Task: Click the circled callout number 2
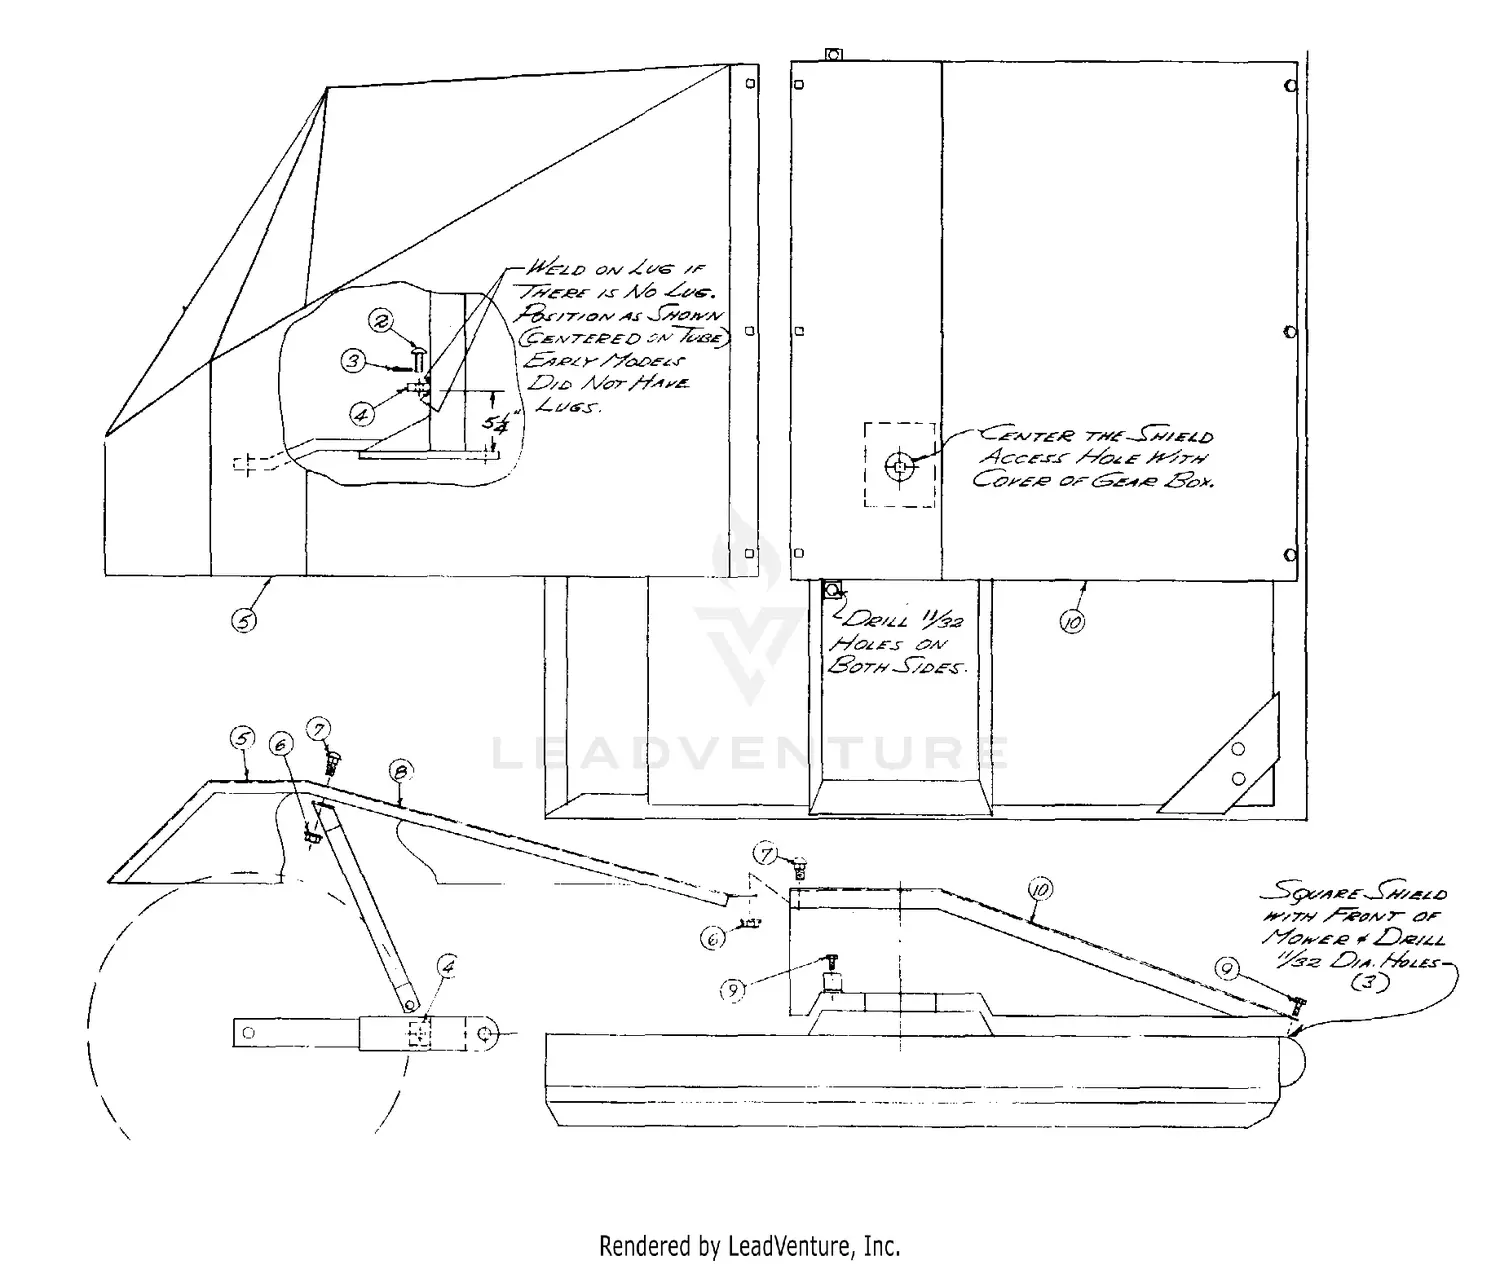(x=382, y=321)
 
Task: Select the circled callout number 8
(x=400, y=771)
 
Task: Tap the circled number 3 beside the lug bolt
(x=354, y=361)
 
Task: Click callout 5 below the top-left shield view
(x=244, y=620)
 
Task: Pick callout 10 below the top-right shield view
(x=1072, y=621)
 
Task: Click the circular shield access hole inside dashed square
(x=900, y=466)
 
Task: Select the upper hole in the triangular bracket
(x=1239, y=749)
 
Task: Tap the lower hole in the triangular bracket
(x=1239, y=779)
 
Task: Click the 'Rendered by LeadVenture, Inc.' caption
(x=749, y=1246)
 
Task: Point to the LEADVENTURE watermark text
(x=750, y=752)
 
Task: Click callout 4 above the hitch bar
(x=448, y=968)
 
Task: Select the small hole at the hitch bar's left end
(x=249, y=1032)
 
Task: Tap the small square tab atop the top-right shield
(x=832, y=54)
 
